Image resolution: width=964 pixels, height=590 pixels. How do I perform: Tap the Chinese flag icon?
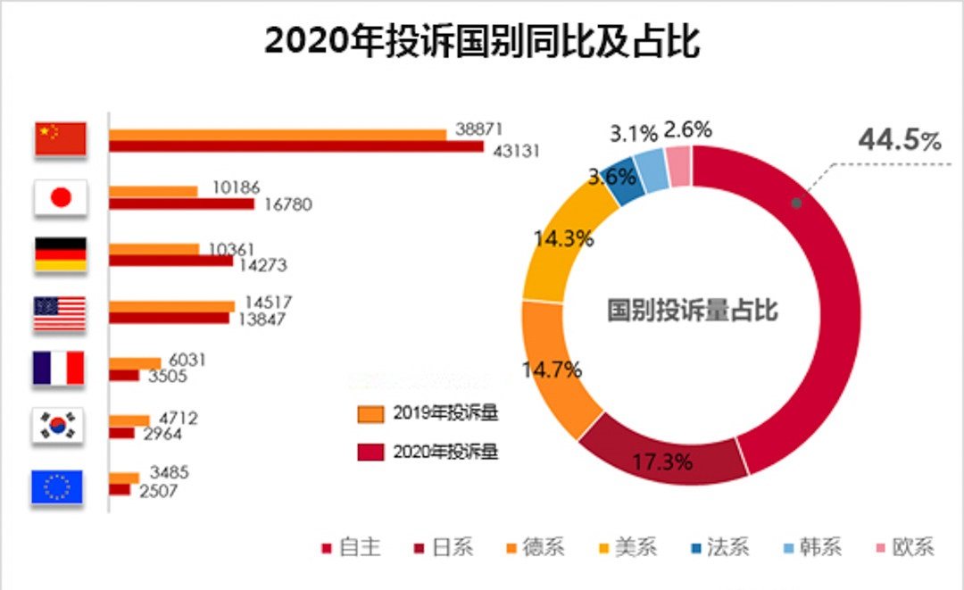(60, 138)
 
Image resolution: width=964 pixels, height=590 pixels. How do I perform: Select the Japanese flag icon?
(60, 197)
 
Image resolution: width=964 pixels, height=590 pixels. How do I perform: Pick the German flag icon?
(60, 254)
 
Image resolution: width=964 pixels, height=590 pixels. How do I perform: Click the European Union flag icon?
(56, 486)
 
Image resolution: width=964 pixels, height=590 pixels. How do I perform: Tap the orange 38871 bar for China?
(278, 135)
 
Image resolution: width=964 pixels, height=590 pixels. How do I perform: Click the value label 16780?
(288, 204)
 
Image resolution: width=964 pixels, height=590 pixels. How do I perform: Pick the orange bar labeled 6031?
(135, 362)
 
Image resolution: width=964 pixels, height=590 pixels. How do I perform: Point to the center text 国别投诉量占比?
(692, 311)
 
